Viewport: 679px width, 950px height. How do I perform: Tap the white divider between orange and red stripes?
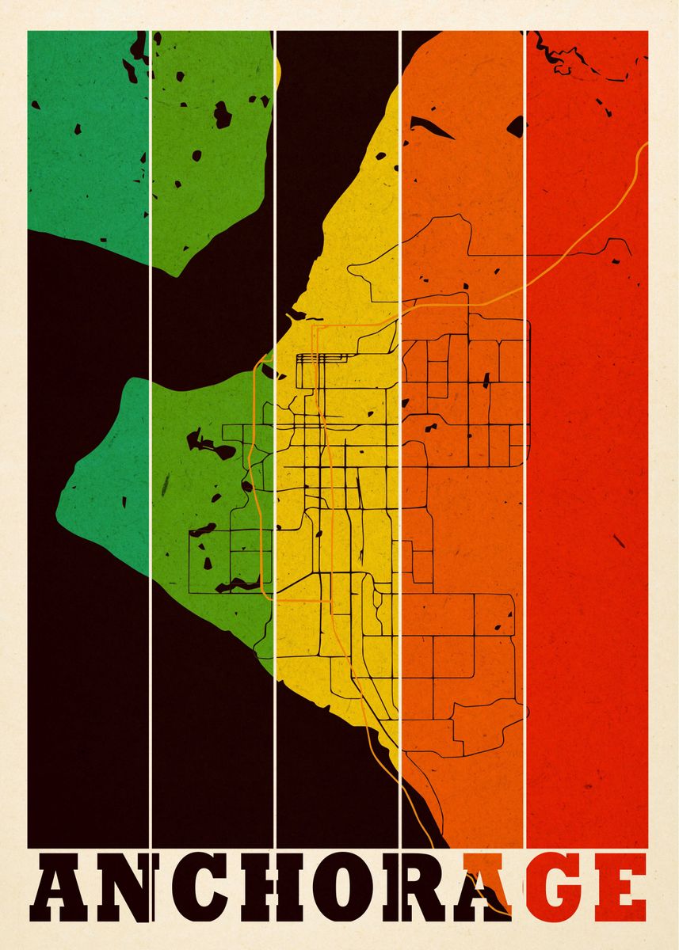[x=525, y=475]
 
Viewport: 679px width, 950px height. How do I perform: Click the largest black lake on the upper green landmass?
[x=223, y=116]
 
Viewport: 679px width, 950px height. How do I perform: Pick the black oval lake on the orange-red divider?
[x=516, y=125]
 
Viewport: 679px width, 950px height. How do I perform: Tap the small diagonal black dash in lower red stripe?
[x=619, y=541]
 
